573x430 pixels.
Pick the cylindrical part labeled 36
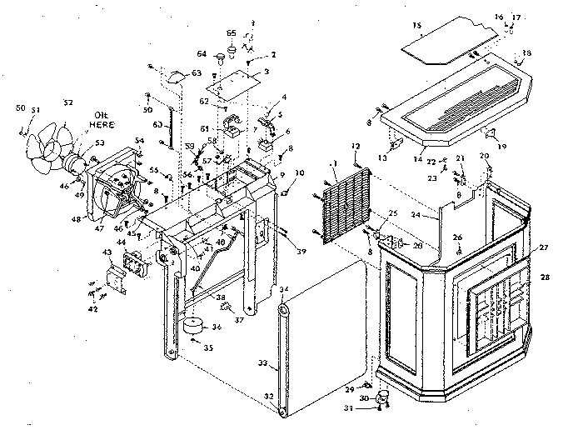tap(196, 324)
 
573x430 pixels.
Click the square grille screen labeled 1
tap(345, 212)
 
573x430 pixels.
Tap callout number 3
tap(266, 72)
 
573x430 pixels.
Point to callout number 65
tap(232, 32)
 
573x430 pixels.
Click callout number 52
tap(67, 103)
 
